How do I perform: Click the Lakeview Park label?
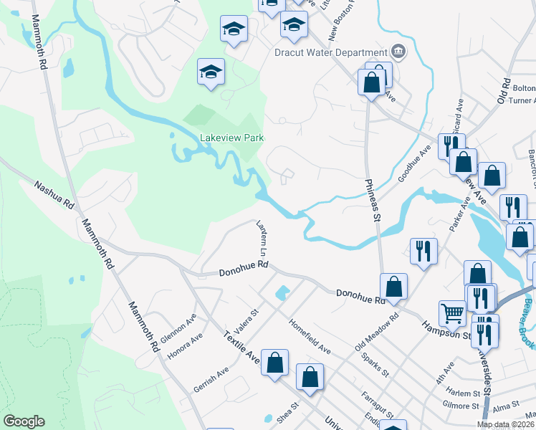pos(231,138)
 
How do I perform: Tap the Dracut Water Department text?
pos(331,52)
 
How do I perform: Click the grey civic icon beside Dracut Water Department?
pos(398,52)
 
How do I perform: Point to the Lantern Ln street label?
pos(262,239)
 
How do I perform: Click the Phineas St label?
pos(373,200)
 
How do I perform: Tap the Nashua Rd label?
pos(54,194)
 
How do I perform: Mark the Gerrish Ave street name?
pos(211,380)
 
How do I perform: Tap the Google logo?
pos(24,421)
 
